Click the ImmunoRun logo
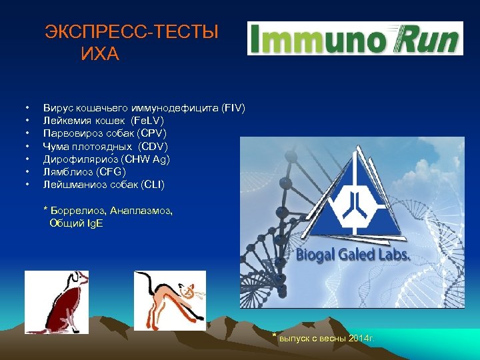(x=355, y=38)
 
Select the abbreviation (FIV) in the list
(x=233, y=108)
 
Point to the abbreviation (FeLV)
(x=147, y=121)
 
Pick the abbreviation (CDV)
(x=153, y=146)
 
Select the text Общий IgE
(x=77, y=223)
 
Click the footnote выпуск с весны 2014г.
(x=327, y=338)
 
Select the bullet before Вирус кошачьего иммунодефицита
(x=27, y=108)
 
